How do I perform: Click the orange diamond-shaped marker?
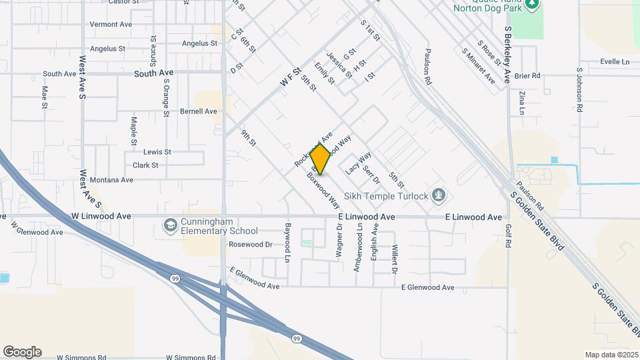[x=321, y=159]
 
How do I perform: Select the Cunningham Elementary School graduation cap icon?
[x=171, y=227]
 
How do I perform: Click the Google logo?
[x=22, y=352]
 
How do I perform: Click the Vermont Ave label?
[x=111, y=25]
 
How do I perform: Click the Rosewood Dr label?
[x=251, y=245]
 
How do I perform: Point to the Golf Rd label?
[x=507, y=236]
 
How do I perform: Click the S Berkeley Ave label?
[x=508, y=55]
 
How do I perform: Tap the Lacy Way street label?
[x=358, y=163]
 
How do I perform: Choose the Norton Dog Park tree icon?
[x=531, y=5]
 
